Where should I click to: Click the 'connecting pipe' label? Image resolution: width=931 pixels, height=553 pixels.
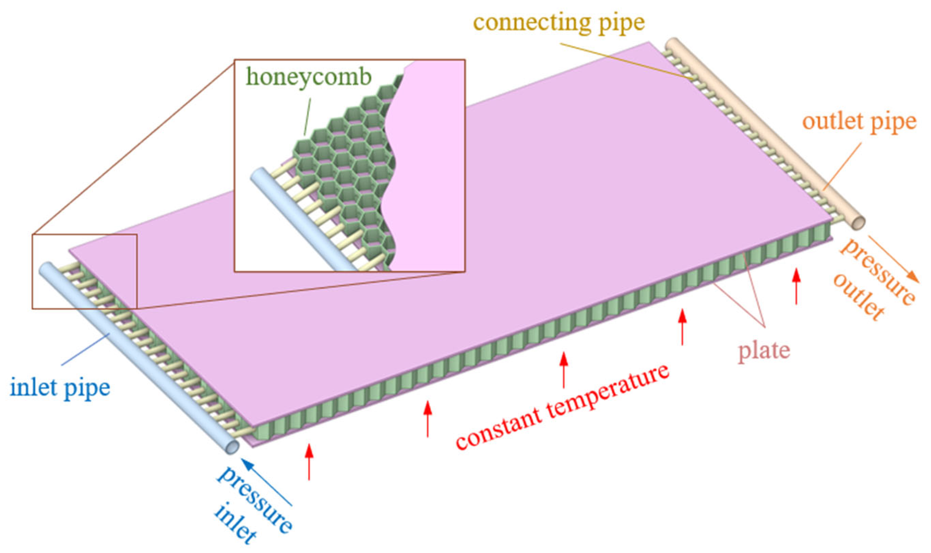pyautogui.click(x=559, y=22)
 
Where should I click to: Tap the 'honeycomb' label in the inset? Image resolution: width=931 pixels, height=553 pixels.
pyautogui.click(x=309, y=78)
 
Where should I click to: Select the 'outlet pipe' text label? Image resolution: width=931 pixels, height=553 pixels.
pyautogui.click(x=859, y=121)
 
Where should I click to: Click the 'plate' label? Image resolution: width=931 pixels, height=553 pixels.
pyautogui.click(x=764, y=351)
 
